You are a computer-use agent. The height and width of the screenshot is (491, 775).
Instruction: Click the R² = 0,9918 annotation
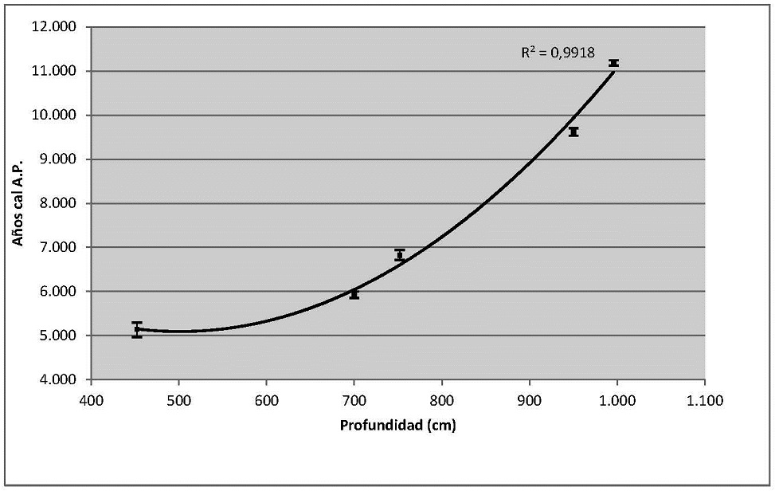point(558,53)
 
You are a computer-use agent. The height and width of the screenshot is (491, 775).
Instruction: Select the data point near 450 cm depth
point(137,330)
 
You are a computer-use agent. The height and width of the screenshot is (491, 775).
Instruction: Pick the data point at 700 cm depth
point(354,294)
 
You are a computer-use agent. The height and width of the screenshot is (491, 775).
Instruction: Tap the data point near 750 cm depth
point(400,255)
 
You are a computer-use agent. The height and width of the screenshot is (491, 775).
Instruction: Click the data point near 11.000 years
point(613,63)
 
